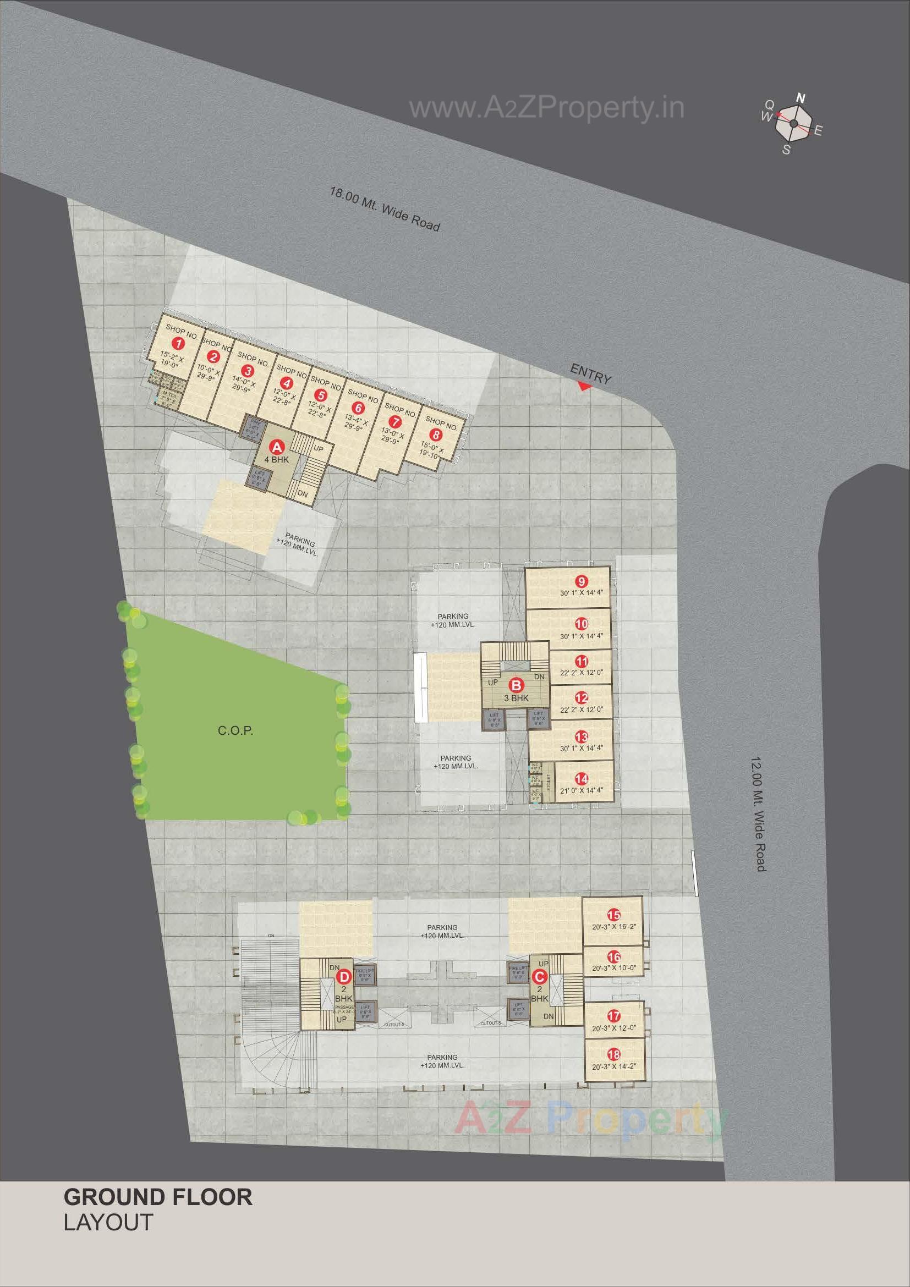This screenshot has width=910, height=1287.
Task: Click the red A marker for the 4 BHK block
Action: (x=276, y=447)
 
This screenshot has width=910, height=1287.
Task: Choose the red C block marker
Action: (x=539, y=976)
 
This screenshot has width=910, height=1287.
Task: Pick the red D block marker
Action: (x=344, y=976)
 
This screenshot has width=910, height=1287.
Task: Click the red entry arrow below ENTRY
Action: (x=584, y=386)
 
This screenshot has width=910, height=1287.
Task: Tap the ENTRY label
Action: (x=590, y=374)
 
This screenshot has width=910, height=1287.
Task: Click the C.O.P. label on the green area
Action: (x=235, y=731)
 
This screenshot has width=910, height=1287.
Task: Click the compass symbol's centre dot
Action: (x=794, y=124)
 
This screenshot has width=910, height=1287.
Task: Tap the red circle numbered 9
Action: (x=582, y=581)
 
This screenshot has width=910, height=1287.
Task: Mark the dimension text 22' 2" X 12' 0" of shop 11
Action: (x=582, y=673)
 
